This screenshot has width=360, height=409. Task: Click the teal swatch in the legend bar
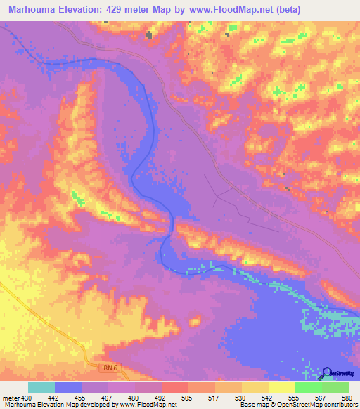(x=41, y=387)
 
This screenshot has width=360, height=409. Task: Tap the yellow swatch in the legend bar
(x=281, y=387)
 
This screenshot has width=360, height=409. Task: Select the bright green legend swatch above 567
(x=308, y=387)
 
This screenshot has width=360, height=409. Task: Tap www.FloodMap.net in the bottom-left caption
(x=146, y=405)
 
